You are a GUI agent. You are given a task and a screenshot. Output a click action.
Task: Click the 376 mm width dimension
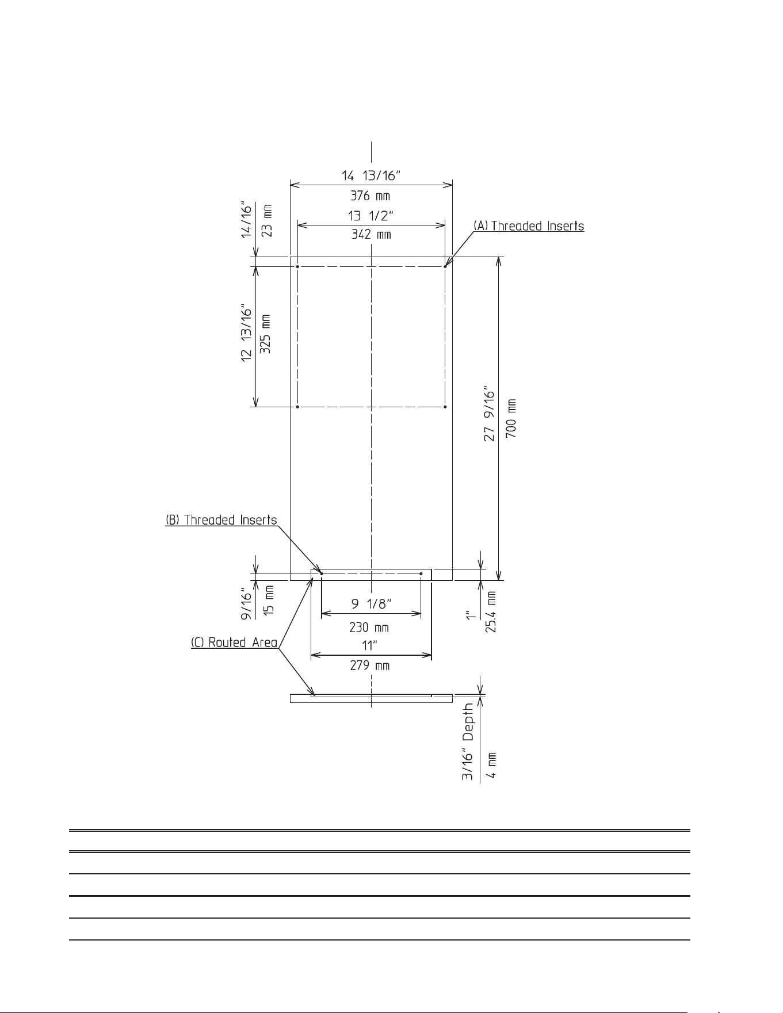371,196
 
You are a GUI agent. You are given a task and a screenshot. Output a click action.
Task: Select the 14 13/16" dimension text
371,175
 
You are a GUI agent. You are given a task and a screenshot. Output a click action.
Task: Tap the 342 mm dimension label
371,235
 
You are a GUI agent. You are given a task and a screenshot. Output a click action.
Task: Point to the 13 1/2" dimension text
371,215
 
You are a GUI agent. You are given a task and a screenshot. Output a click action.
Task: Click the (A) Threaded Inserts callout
529,226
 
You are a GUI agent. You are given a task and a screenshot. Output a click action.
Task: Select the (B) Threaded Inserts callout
221,520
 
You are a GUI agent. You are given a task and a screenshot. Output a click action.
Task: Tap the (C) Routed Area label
234,643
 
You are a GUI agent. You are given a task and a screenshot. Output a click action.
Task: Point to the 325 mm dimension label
266,334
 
